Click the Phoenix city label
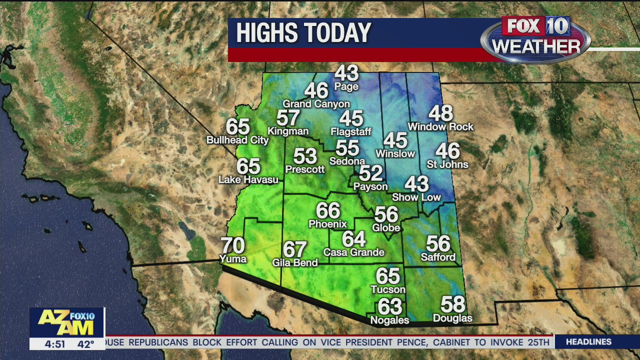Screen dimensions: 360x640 [327, 224]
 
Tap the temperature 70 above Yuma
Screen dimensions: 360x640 [233, 245]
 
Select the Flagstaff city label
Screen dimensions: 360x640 [351, 132]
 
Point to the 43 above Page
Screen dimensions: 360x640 [346, 73]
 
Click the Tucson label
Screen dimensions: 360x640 [388, 289]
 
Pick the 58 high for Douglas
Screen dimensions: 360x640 [452, 304]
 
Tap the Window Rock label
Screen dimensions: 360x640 [440, 127]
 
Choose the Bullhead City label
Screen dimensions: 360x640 [237, 140]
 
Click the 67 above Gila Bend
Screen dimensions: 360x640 [294, 249]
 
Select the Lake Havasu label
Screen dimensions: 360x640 [248, 179]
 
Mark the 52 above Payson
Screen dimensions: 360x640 [370, 173]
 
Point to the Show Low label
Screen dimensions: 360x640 [416, 197]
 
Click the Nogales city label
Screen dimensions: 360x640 [389, 320]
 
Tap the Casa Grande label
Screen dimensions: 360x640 [354, 252]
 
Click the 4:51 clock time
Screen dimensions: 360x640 [54, 344]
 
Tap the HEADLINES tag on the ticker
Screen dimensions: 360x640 [588, 342]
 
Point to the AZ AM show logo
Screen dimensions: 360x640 [66, 322]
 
